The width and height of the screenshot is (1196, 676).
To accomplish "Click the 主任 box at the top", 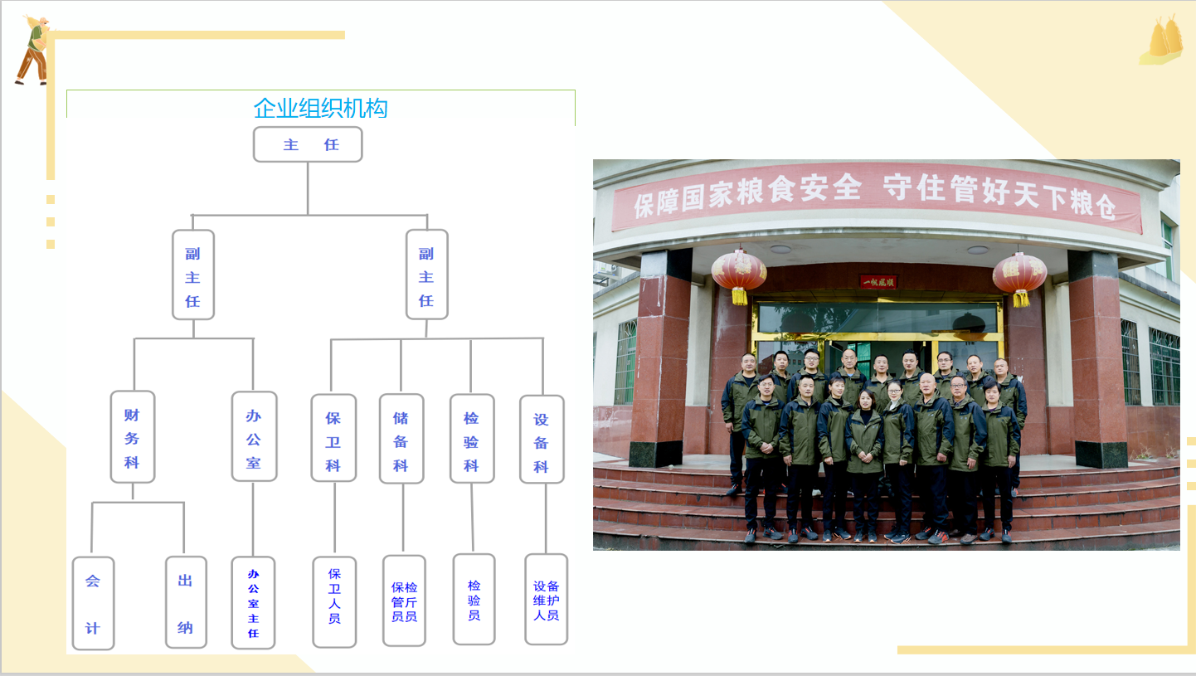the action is pos(308,144).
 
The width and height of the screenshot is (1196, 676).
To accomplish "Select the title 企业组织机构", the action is pos(320,109).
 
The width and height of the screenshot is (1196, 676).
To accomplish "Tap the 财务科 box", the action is pos(133,437).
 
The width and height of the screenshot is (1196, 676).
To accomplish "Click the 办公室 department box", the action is pos(254,436).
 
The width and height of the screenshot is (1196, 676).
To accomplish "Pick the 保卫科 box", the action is pos(333,438).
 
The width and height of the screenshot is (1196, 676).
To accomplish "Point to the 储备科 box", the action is pos(401,439).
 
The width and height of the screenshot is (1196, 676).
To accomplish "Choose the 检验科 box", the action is pos(472,439).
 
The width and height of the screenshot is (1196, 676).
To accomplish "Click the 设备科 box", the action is pos(542,439).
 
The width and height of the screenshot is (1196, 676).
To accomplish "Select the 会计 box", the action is pos(94,603).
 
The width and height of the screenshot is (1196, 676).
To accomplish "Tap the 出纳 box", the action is pos(186,602).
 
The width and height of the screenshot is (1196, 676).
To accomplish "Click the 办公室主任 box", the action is pos(253,603).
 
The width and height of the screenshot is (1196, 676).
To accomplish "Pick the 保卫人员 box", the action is pos(334,602).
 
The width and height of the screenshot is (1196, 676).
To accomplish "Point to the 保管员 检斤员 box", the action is pos(404,601).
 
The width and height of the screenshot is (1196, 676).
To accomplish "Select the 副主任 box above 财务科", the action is pos(193,275).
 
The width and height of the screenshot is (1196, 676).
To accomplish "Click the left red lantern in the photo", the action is pos(739,275).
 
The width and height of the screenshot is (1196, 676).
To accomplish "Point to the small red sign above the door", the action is pos(878,281).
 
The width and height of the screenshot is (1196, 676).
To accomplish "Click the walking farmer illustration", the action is pos(33,51).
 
